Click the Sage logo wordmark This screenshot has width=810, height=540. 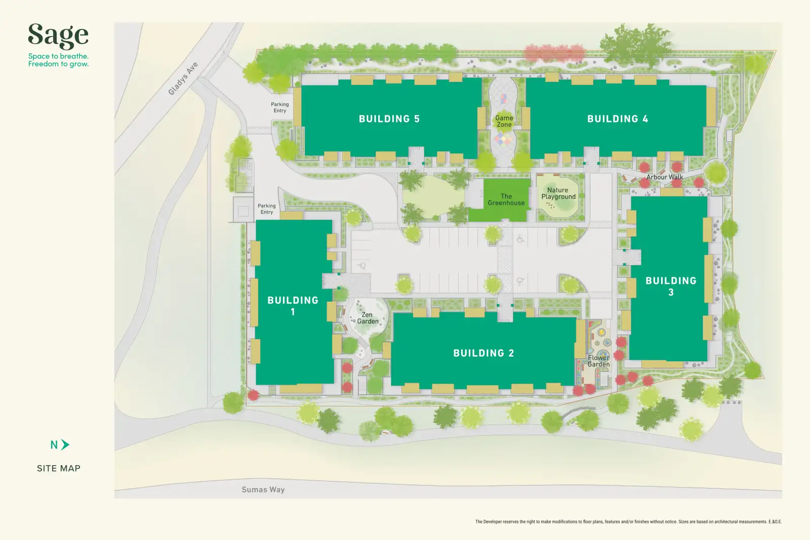(58, 36)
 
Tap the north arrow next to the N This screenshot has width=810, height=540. (65, 444)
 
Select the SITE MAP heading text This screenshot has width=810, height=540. (59, 469)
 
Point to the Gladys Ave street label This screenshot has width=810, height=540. (183, 78)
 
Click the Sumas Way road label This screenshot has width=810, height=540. (263, 489)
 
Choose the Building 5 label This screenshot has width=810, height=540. (389, 119)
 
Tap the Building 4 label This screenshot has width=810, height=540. (618, 119)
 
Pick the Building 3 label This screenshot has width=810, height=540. (671, 286)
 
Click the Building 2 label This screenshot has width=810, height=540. (484, 353)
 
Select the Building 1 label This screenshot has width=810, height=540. (293, 306)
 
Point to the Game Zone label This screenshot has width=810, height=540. (504, 121)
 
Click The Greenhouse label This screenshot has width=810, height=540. (506, 199)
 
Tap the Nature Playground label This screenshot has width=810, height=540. (558, 193)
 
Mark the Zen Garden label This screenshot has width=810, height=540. (368, 318)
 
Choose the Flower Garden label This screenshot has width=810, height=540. (598, 361)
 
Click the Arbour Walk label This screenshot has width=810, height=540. (665, 177)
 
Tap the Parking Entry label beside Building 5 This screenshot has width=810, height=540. (280, 107)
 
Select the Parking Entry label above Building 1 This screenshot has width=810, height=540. (267, 209)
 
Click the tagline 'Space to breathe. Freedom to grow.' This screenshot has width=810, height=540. (59, 60)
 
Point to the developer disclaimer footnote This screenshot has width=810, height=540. (628, 522)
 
